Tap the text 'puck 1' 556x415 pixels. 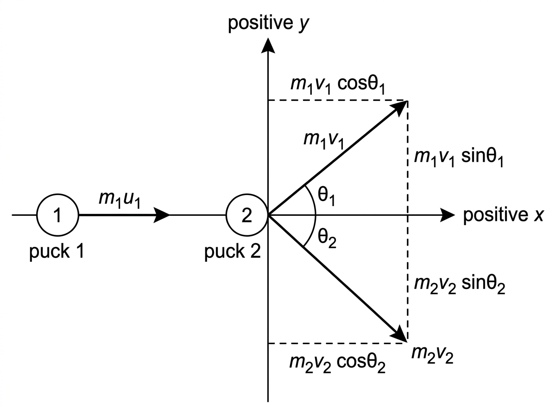click(x=57, y=252)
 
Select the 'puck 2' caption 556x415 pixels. click(x=232, y=252)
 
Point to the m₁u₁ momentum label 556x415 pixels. click(x=120, y=199)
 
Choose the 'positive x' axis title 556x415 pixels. click(x=503, y=215)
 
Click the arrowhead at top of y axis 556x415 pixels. click(x=268, y=45)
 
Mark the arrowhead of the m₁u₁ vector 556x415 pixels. click(x=161, y=215)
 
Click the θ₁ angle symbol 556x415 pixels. click(x=327, y=196)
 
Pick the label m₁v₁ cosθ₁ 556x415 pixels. click(x=338, y=85)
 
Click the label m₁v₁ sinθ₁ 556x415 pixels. click(x=459, y=157)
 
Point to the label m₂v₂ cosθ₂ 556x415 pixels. click(x=337, y=363)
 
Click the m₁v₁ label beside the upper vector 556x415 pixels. click(x=324, y=140)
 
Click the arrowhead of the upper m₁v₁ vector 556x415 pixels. click(x=400, y=107)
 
